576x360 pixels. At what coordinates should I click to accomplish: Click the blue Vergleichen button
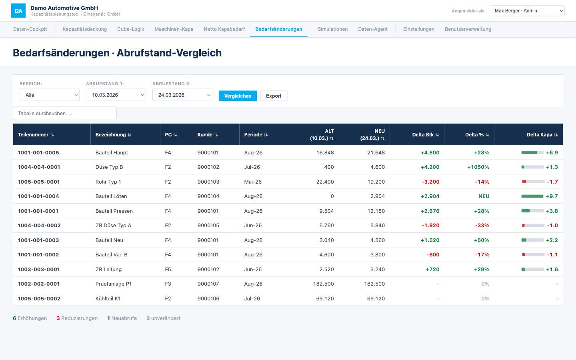(x=238, y=96)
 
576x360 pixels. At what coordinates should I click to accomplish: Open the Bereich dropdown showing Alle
(x=49, y=95)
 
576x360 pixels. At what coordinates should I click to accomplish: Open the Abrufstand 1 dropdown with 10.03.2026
(x=116, y=95)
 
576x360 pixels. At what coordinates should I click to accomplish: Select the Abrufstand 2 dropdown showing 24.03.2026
(x=182, y=95)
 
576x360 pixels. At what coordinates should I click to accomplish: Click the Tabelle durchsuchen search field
(x=65, y=114)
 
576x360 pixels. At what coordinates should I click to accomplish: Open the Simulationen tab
(x=332, y=29)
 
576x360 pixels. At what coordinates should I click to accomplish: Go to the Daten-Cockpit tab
(x=30, y=29)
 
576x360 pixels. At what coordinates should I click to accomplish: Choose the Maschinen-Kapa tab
(x=174, y=29)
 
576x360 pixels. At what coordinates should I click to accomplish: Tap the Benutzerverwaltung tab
(x=468, y=29)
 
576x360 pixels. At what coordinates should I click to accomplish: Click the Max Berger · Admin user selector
(x=526, y=11)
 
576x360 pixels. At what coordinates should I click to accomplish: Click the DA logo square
(x=18, y=10)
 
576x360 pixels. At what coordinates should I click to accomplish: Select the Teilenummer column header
(x=36, y=134)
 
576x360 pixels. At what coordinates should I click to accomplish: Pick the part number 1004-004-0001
(x=39, y=167)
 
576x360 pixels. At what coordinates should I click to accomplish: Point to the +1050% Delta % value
(x=478, y=167)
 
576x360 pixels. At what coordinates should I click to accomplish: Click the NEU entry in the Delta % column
(x=484, y=196)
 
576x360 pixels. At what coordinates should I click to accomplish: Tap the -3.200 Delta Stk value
(x=430, y=182)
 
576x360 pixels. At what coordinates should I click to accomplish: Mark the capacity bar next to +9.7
(x=532, y=196)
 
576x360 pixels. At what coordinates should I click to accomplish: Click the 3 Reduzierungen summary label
(x=77, y=318)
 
